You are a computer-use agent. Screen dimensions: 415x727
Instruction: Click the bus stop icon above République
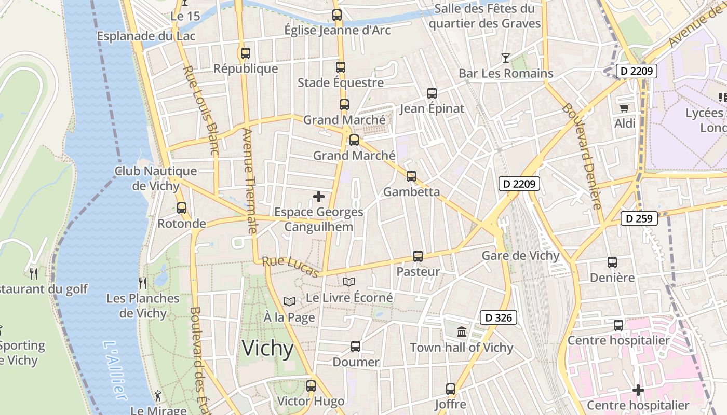pyautogui.click(x=246, y=53)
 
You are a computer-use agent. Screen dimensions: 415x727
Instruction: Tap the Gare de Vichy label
pyautogui.click(x=520, y=256)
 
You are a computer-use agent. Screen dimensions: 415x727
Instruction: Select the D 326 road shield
pyautogui.click(x=498, y=318)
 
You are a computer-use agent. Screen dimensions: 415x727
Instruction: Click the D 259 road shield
pyautogui.click(x=639, y=218)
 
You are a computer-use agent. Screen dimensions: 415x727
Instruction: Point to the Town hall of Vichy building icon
pyautogui.click(x=461, y=331)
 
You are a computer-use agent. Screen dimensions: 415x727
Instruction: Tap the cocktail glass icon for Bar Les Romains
pyautogui.click(x=505, y=58)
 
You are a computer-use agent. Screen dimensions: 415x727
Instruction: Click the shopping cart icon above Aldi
pyautogui.click(x=624, y=108)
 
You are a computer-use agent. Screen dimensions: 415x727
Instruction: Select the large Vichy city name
pyautogui.click(x=268, y=349)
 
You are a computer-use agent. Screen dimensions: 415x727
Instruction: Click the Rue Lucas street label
pyautogui.click(x=290, y=267)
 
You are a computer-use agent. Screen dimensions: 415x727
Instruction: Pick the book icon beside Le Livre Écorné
pyautogui.click(x=349, y=282)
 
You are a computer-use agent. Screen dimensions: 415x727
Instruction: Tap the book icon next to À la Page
pyautogui.click(x=289, y=301)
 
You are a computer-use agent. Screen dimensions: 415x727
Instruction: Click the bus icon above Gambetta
pyautogui.click(x=411, y=176)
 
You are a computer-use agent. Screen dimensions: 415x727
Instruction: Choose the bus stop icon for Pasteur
pyautogui.click(x=418, y=256)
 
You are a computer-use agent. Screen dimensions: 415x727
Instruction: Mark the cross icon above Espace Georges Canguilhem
pyautogui.click(x=319, y=197)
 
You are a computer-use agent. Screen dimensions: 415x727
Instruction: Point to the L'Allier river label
pyautogui.click(x=115, y=370)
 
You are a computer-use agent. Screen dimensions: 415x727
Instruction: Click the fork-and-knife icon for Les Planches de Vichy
pyautogui.click(x=143, y=283)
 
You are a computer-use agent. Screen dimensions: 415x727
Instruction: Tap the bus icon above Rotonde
pyautogui.click(x=182, y=208)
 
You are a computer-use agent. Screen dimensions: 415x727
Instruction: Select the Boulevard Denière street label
pyautogui.click(x=582, y=156)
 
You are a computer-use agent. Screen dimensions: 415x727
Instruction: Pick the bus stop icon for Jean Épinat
pyautogui.click(x=432, y=93)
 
